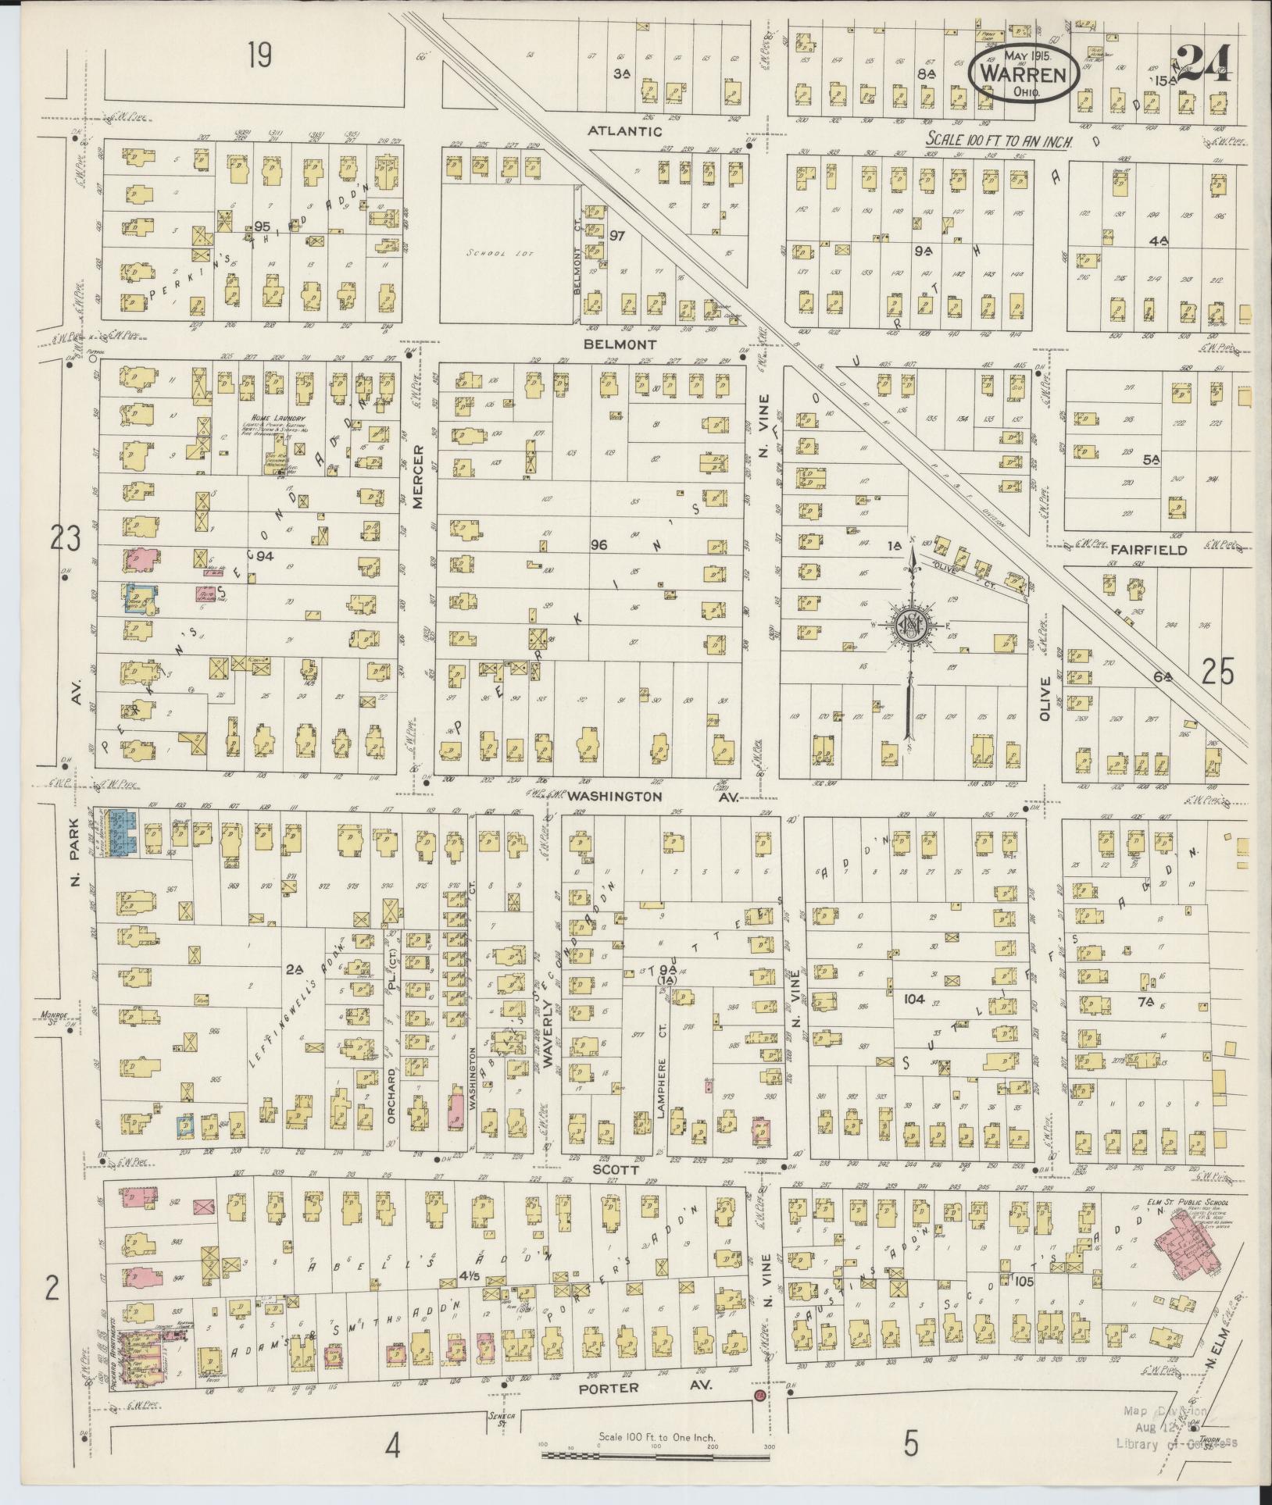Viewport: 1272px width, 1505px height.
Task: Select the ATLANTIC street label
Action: click(x=626, y=132)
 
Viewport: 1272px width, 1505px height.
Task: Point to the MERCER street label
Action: click(x=418, y=476)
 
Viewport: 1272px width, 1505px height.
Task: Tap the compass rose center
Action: click(x=910, y=622)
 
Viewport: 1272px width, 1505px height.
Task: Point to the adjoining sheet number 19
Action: click(x=260, y=55)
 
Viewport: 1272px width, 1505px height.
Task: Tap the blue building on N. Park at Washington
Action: click(x=123, y=833)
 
